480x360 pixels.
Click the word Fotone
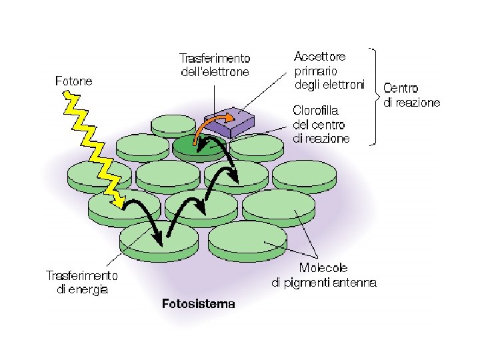tap(73, 81)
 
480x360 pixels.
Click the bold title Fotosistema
tap(199, 305)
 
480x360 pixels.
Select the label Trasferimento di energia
tap(81, 282)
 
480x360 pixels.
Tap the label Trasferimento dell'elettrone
tap(215, 65)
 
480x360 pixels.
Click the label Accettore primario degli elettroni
tap(329, 71)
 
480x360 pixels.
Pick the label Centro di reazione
tap(411, 95)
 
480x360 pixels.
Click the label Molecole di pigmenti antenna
tap(323, 275)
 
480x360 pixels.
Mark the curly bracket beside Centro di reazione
tap(375, 95)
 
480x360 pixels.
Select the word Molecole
tap(323, 268)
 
